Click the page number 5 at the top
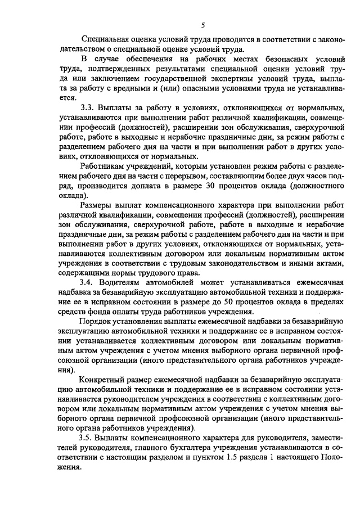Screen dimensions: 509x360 (x=202, y=25)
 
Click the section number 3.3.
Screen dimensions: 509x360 (x=89, y=107)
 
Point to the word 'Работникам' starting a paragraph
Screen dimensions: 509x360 (x=105, y=166)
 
